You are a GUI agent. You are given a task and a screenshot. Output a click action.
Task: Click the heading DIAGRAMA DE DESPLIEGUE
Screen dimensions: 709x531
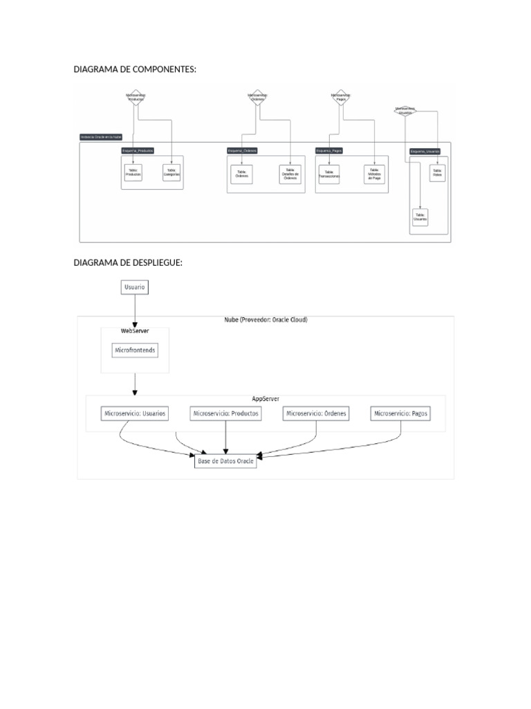point(127,262)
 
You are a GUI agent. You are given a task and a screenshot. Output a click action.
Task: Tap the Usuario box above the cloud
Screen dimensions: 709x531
point(135,287)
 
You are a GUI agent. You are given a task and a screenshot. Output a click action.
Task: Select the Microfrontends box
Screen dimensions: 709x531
point(135,351)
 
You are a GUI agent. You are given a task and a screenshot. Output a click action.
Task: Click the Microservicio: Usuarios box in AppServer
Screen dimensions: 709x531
point(135,413)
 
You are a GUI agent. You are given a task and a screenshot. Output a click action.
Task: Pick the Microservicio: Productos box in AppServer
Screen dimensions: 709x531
point(226,413)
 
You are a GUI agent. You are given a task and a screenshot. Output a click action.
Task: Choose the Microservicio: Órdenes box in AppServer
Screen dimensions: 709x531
point(316,413)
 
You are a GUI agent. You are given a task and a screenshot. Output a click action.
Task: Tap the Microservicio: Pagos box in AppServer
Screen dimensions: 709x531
point(401,413)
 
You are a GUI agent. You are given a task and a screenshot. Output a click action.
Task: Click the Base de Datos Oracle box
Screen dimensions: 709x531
point(225,461)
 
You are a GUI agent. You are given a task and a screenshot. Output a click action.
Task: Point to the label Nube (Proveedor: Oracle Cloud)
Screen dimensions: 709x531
point(265,321)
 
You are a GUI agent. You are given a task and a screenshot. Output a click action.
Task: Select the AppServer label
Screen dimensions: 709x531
point(265,400)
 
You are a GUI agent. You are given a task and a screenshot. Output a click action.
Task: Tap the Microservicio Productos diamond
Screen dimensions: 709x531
point(136,98)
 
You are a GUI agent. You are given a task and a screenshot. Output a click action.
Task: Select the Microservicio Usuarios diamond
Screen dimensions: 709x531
point(405,110)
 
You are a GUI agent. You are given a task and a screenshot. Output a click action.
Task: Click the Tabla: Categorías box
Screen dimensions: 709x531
point(172,173)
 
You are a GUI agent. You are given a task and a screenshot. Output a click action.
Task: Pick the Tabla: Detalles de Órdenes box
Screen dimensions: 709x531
point(290,174)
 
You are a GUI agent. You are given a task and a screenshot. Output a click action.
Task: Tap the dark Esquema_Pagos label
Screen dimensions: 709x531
point(329,150)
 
